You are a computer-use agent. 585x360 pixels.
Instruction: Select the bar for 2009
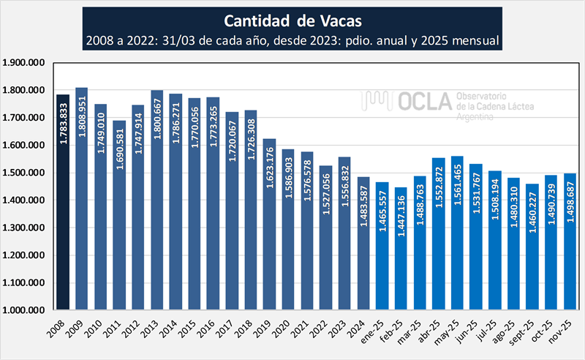pyautogui.click(x=82, y=198)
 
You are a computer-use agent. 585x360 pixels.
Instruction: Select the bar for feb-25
pyautogui.click(x=400, y=249)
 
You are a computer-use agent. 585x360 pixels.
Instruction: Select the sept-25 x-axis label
pyautogui.click(x=530, y=329)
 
